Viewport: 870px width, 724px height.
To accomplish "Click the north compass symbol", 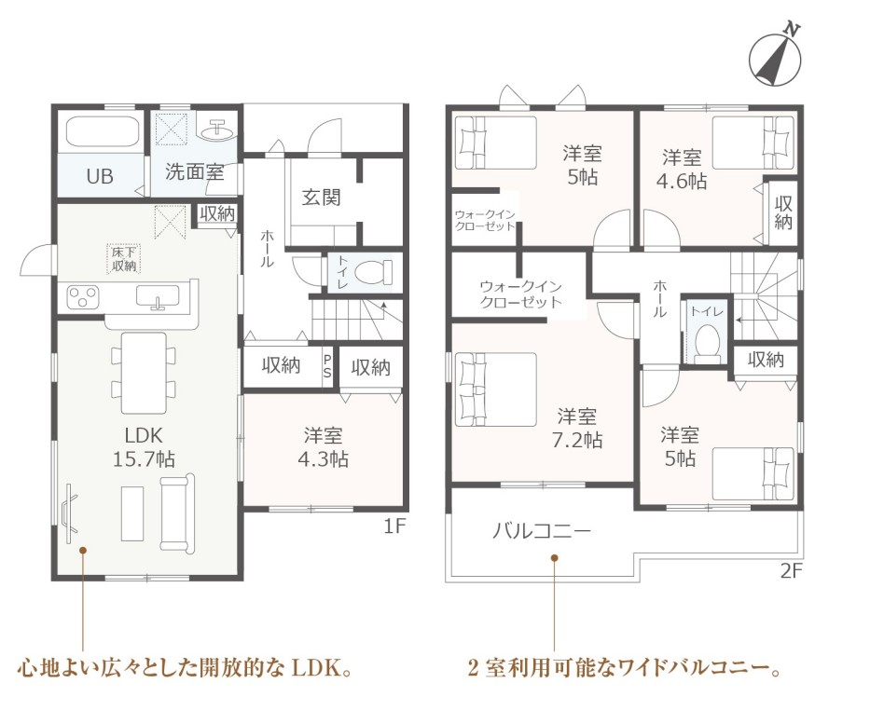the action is [x=775, y=58].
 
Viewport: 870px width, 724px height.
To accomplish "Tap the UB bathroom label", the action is [x=100, y=176].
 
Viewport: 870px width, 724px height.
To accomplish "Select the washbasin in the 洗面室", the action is [x=217, y=130].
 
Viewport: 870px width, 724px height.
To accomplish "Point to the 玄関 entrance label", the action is [x=321, y=198].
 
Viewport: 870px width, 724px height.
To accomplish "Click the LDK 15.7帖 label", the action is [x=144, y=447].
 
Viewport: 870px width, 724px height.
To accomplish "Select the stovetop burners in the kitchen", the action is [x=82, y=297].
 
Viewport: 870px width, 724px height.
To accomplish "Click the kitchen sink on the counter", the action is [x=159, y=296].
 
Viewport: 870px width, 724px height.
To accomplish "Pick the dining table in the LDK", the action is [x=144, y=373].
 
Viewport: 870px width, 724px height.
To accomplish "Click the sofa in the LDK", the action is [x=177, y=512].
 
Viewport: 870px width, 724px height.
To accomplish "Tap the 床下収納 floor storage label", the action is [x=123, y=259].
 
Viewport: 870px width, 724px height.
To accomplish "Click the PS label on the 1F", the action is [x=327, y=366].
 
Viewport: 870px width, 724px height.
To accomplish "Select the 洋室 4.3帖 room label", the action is [x=323, y=447].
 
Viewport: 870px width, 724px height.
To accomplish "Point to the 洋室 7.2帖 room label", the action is [x=577, y=428].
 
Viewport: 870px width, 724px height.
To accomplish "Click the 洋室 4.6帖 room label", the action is [x=682, y=170].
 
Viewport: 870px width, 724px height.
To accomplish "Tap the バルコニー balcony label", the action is [x=542, y=532].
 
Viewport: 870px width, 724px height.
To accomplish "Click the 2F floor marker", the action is [x=792, y=571].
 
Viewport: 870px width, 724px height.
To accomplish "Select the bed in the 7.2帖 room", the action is [x=495, y=389].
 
